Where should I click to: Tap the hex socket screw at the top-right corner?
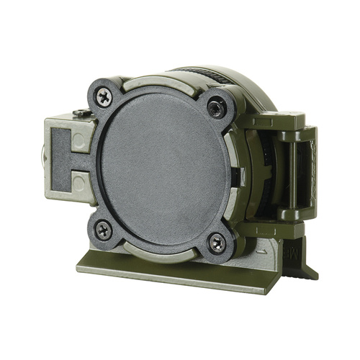pos(215,108)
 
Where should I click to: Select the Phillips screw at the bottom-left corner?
pos(103,230)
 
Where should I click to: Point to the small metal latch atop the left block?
pos(80,113)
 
